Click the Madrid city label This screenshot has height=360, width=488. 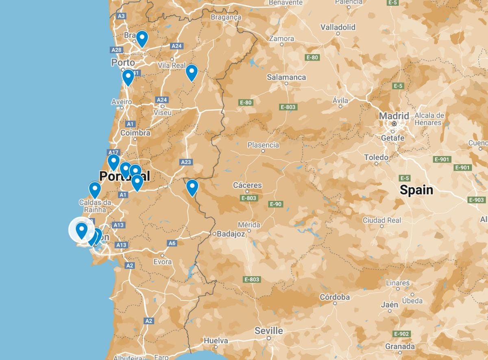(x=394, y=116)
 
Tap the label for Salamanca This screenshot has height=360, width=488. (x=286, y=77)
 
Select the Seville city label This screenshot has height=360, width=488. (x=268, y=331)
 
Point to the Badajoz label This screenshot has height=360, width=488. (x=231, y=234)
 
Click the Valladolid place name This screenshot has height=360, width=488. (x=338, y=27)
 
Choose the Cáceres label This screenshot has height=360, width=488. (x=247, y=185)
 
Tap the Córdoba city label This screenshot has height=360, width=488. (x=335, y=297)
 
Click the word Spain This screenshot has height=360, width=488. (x=416, y=190)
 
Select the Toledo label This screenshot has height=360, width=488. (x=376, y=157)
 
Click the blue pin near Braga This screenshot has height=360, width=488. (x=142, y=39)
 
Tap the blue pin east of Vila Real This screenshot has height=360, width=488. (x=192, y=72)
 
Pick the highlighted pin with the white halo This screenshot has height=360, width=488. (x=82, y=230)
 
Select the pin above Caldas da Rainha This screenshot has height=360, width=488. (x=95, y=190)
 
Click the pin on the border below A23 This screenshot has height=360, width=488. (x=192, y=188)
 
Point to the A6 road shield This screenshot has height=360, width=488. (x=172, y=243)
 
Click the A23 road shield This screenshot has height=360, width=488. (x=185, y=162)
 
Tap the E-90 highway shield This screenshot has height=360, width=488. (x=275, y=204)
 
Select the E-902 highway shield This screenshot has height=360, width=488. (x=401, y=334)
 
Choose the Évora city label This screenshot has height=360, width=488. (x=162, y=262)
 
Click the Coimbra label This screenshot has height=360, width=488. (x=135, y=133)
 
